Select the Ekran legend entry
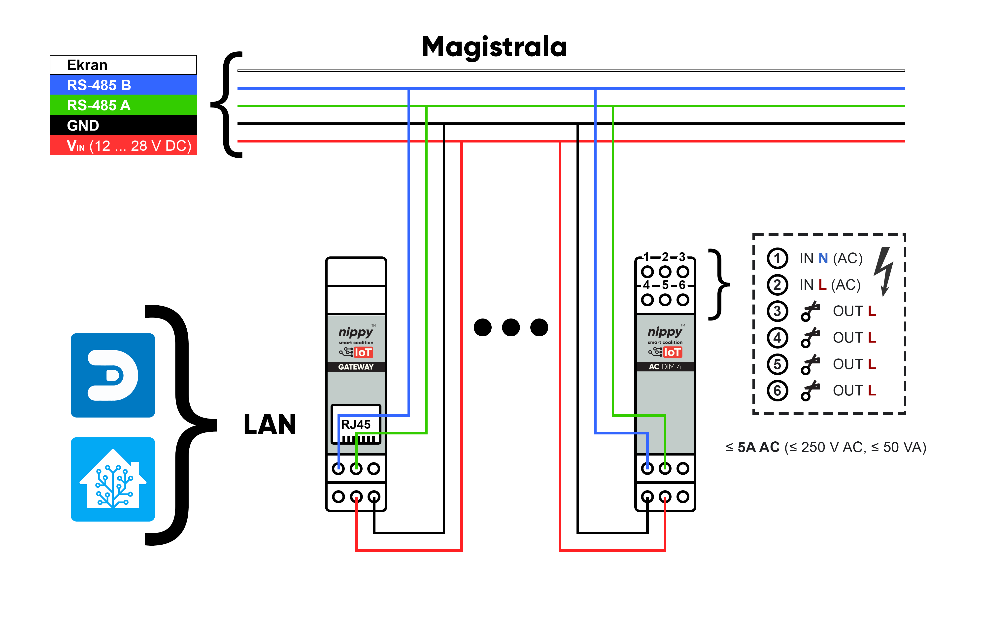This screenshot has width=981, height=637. coord(123,65)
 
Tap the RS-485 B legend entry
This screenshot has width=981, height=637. coord(123,85)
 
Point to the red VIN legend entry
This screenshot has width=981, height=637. coord(123,145)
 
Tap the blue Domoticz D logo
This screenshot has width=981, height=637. coord(113,375)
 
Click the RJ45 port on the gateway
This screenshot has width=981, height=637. coord(356,424)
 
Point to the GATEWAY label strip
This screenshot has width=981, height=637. coord(356,366)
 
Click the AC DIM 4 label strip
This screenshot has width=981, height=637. coord(665,366)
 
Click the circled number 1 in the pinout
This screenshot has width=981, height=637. coord(778,258)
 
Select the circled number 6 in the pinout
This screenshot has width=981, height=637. coord(778,390)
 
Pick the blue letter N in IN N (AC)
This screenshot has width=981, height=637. coord(823,258)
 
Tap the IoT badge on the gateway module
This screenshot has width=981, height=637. coord(363,353)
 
